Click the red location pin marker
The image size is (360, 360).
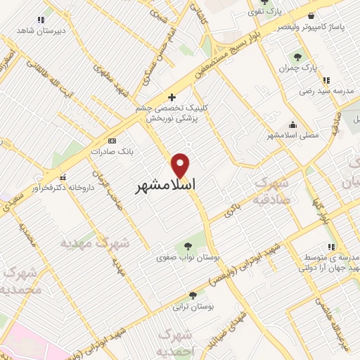coord(181,165)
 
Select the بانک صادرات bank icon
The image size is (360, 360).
coord(122,151)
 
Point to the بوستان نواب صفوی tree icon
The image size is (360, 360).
coord(187,245)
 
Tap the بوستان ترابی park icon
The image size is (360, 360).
coord(192,296)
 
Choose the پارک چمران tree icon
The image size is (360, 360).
coord(297,57)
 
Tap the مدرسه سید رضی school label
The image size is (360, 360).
coord(327,91)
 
